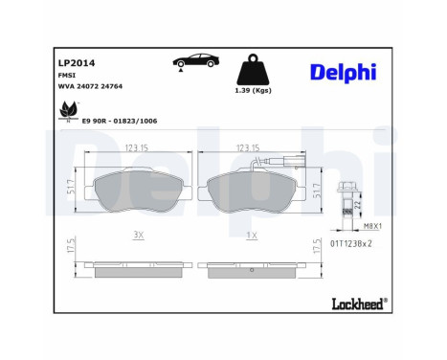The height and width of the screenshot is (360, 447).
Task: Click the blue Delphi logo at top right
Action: [x=344, y=73]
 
